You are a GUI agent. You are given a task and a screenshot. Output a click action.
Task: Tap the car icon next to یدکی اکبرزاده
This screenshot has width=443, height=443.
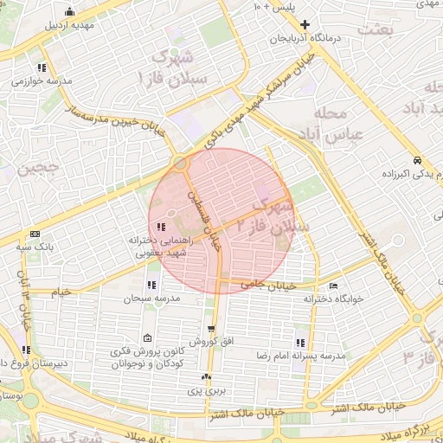[417, 161]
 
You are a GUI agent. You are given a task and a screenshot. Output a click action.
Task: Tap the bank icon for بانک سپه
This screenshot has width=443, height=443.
[35, 234]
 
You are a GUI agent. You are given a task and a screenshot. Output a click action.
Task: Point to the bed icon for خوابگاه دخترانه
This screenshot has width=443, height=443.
[334, 286]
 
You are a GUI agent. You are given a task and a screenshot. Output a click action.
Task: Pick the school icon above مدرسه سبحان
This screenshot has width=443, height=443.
[151, 285]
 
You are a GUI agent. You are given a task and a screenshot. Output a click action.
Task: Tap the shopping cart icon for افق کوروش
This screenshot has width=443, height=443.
[211, 329]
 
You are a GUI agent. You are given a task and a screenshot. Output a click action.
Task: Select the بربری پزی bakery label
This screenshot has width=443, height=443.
[207, 391]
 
